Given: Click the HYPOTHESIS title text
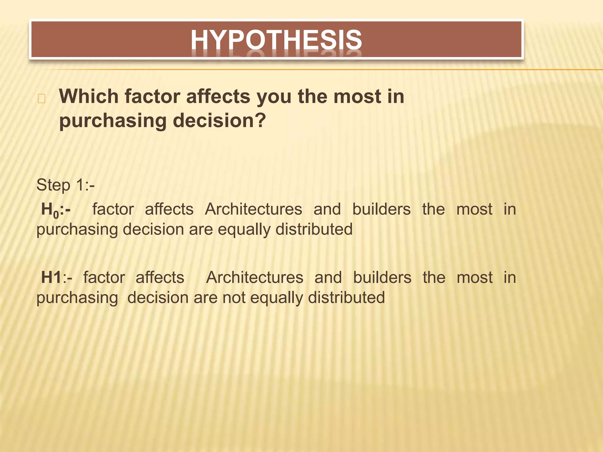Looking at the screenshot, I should tap(276, 40).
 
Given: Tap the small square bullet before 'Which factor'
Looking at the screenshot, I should tap(42, 99).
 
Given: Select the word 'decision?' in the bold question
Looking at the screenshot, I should tap(219, 121).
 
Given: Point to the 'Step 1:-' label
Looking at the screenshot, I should tap(65, 185).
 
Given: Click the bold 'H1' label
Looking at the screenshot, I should tap(52, 277).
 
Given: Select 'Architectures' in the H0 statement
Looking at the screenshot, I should tap(254, 210).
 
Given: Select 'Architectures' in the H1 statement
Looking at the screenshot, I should tap(255, 277).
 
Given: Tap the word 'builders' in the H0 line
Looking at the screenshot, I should tap(381, 210).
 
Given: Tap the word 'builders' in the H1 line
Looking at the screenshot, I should tap(382, 277).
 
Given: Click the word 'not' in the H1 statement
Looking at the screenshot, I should tap(234, 298).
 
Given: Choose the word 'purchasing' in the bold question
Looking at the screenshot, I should tap(113, 121).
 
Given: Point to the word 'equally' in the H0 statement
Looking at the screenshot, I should tap(244, 230).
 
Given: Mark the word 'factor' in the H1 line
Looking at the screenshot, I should tap(104, 277).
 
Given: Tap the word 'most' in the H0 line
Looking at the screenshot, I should tap(474, 210).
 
